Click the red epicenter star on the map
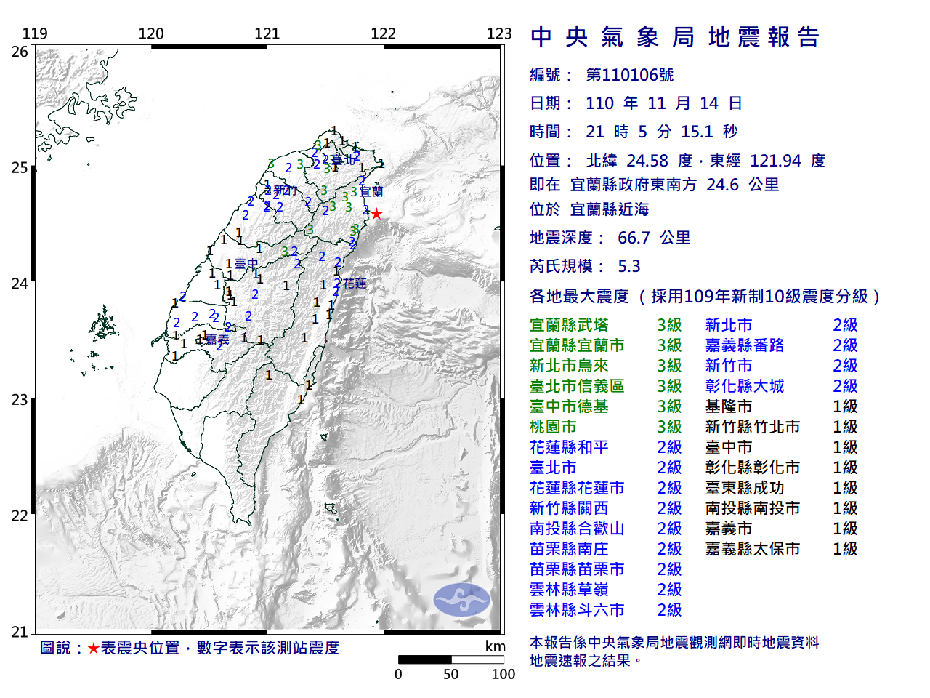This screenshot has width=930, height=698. point(376,214)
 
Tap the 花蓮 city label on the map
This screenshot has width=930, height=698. point(355,284)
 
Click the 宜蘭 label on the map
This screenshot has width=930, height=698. point(371,192)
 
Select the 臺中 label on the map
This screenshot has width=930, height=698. point(247,264)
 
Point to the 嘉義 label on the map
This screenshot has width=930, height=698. point(217,340)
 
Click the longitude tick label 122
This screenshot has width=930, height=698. point(383,33)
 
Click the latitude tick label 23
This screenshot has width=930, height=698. point(20,400)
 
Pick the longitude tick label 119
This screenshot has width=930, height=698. point(35,33)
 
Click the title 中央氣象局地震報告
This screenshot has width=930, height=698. point(675,37)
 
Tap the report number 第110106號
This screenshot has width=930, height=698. point(629,75)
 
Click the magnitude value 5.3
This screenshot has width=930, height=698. point(628,266)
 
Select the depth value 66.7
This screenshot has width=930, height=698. point(634,238)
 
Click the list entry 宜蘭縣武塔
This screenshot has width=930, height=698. point(569,325)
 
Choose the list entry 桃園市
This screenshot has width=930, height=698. point(553,427)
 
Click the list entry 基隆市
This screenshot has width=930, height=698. point(728,406)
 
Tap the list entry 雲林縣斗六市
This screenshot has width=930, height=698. point(577,610)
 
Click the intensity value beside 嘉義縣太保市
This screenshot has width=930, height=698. point(845,549)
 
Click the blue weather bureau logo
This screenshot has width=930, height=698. point(462,600)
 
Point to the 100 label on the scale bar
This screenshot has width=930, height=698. point(503,674)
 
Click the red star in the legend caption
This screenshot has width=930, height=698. point(93,648)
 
